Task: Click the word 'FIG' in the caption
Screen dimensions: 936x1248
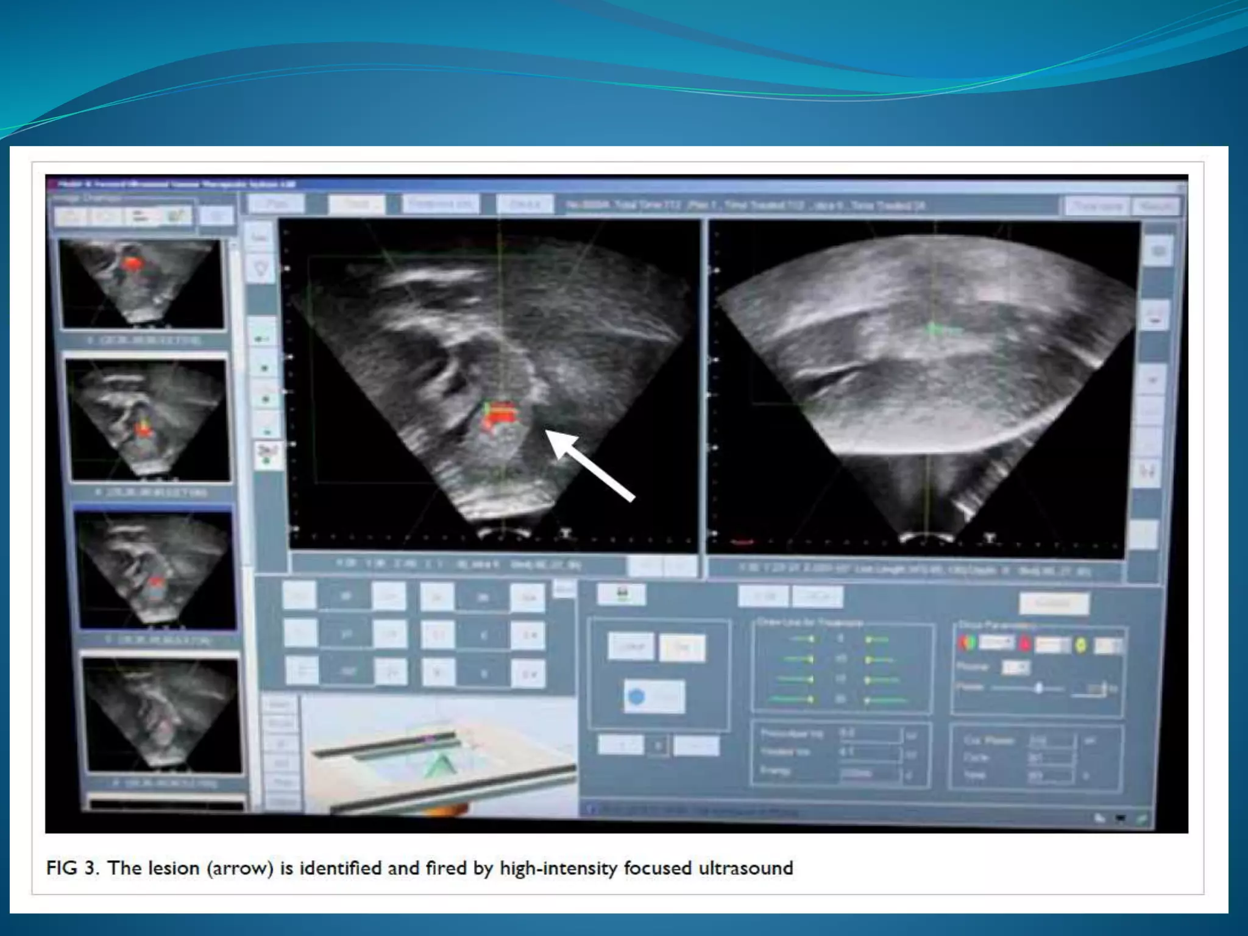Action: (62, 868)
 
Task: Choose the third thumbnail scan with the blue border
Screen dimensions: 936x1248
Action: (155, 569)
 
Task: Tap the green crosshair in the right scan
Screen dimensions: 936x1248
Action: (934, 330)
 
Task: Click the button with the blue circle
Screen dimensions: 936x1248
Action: (653, 697)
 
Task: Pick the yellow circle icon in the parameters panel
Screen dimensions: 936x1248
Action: (1080, 645)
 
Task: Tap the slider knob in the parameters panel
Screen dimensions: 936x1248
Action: (1040, 688)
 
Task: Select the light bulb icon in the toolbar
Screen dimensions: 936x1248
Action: (261, 268)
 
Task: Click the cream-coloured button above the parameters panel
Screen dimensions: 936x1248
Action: (1054, 603)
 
